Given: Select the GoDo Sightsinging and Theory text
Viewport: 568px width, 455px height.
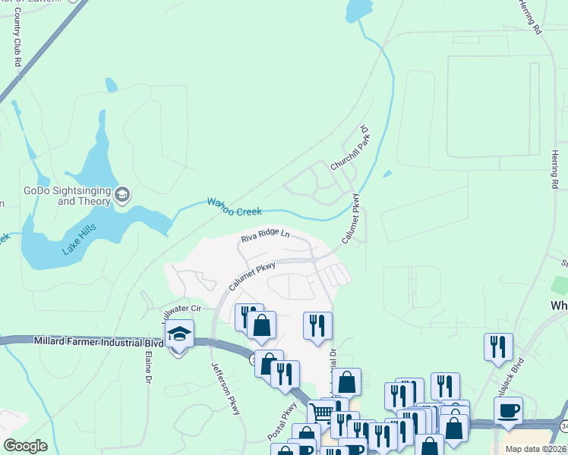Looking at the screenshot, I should tap(67, 196).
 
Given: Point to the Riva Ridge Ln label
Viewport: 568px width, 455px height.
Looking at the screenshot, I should tap(266, 236).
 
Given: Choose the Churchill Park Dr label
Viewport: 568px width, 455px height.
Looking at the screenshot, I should tap(349, 149).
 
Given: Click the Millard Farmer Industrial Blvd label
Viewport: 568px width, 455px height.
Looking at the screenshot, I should tap(98, 342).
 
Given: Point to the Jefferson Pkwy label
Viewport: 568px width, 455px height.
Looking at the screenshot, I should tap(226, 387).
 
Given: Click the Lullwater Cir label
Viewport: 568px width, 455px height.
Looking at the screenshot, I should tap(181, 309).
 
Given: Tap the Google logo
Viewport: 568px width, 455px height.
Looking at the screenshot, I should tap(26, 445).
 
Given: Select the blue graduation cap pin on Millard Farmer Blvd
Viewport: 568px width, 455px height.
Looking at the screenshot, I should tap(179, 335).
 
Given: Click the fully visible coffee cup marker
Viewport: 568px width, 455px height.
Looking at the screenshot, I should tap(508, 412).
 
